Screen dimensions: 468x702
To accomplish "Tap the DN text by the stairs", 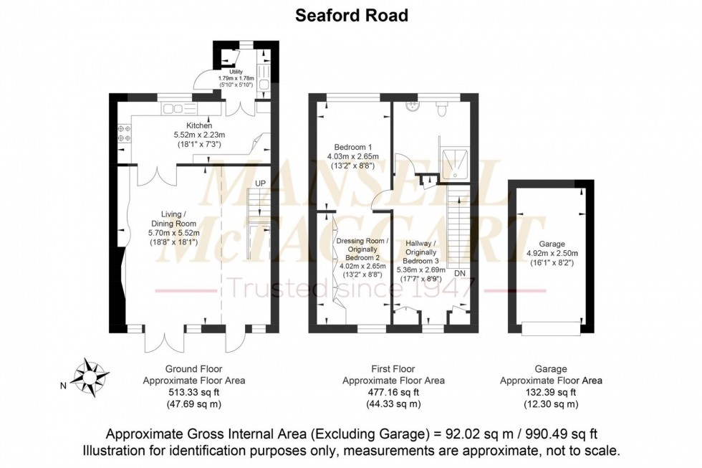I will click(461, 273).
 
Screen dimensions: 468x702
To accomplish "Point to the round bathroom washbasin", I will click(413, 107).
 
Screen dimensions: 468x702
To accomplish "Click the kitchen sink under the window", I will click(174, 108).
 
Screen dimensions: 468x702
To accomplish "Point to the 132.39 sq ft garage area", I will click(551, 392).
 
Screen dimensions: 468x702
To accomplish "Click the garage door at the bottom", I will click(551, 329).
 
